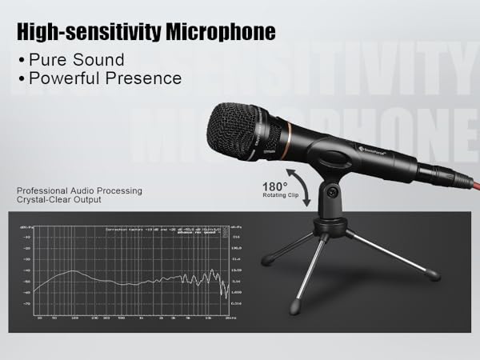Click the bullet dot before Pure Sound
22,61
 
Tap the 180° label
275,186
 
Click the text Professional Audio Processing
78,190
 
